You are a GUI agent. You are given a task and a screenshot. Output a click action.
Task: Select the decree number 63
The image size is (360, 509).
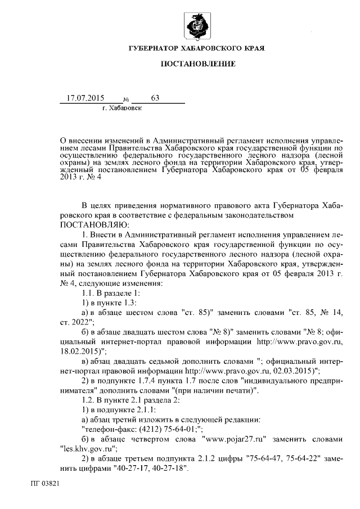click(155, 98)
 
